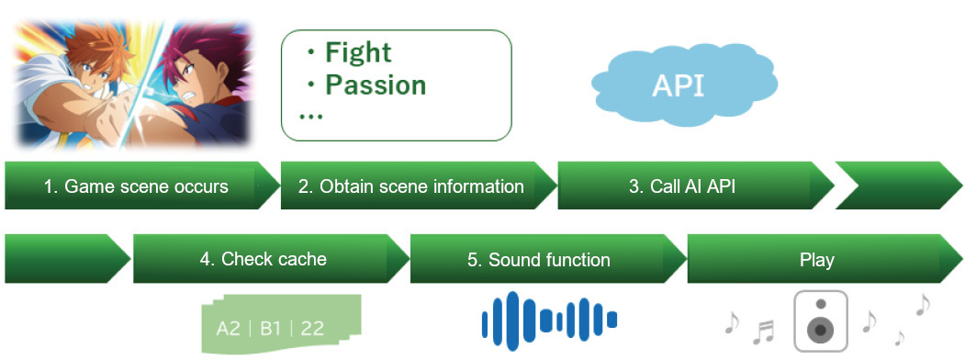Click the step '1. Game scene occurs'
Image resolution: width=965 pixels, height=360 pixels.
(x=135, y=186)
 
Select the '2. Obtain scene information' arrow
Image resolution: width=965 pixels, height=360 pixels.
(x=411, y=186)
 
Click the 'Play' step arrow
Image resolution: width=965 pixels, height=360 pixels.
(x=817, y=259)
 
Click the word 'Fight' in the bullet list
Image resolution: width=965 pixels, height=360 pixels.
(x=357, y=53)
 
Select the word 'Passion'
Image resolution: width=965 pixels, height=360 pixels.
(x=376, y=84)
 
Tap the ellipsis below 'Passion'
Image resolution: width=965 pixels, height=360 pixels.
(x=310, y=117)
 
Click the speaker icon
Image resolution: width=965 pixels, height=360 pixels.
(x=820, y=321)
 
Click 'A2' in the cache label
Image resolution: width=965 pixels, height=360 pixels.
(x=228, y=329)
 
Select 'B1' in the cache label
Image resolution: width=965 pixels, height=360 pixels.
(x=270, y=329)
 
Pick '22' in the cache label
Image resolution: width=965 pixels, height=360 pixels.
(x=312, y=329)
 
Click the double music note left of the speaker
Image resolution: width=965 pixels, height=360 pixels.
(x=764, y=333)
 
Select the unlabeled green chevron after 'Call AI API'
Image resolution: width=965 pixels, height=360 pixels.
(x=899, y=186)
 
